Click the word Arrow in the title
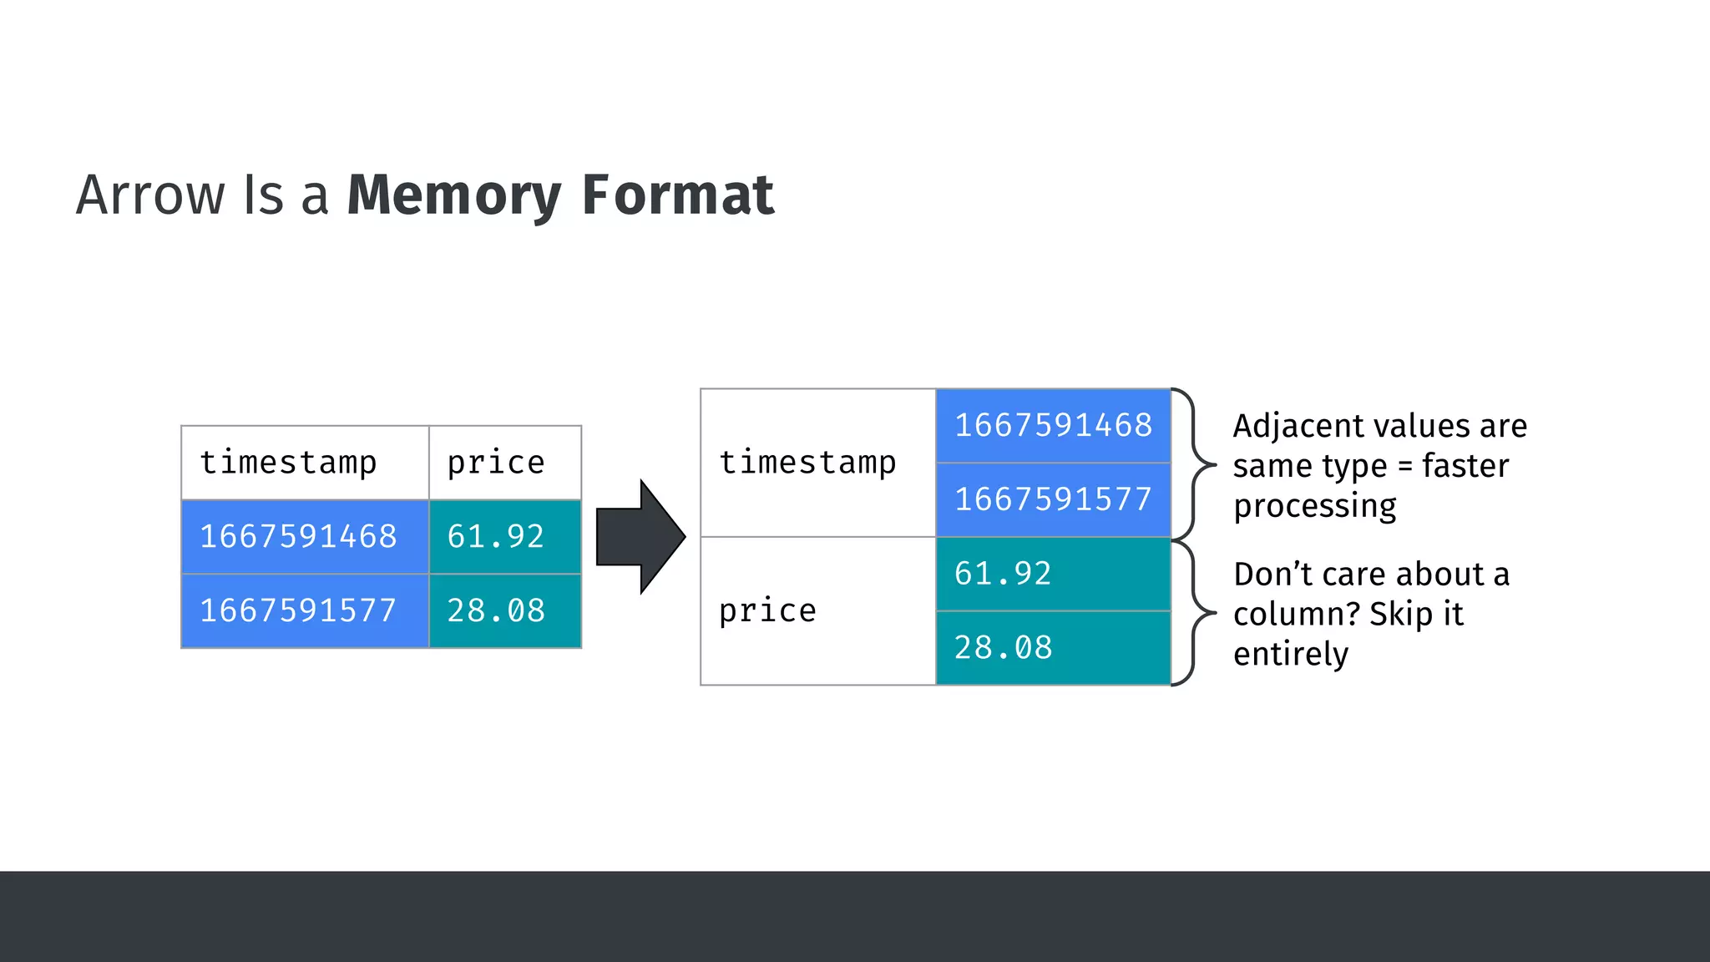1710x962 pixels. [x=150, y=195]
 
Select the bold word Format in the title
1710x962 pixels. [x=677, y=195]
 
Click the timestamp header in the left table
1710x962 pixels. [x=288, y=463]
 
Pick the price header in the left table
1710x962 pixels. [x=496, y=463]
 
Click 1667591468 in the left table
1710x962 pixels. [x=298, y=536]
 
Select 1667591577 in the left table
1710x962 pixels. [x=298, y=610]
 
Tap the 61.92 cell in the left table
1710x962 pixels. [x=496, y=536]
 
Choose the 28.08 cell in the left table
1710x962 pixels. [x=496, y=610]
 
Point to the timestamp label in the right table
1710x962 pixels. [x=807, y=463]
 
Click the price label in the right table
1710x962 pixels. [x=767, y=610]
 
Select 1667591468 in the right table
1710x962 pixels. [x=1053, y=425]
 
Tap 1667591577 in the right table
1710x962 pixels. [x=1053, y=499]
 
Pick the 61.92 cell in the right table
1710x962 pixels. [x=1003, y=574]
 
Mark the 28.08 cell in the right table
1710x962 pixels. [x=1003, y=647]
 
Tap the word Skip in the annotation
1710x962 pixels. [x=1399, y=615]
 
